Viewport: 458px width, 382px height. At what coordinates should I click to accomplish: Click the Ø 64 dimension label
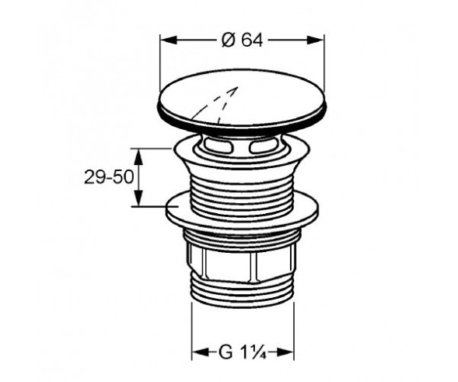coord(242,41)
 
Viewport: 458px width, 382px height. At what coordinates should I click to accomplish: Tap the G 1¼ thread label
coord(242,352)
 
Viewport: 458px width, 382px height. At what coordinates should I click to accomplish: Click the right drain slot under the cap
coord(264,145)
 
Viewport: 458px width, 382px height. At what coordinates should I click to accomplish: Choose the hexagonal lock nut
coord(242,265)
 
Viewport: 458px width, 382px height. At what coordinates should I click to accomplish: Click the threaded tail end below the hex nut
coord(242,296)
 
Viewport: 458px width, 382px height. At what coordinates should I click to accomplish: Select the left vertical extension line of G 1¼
coord(192,327)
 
